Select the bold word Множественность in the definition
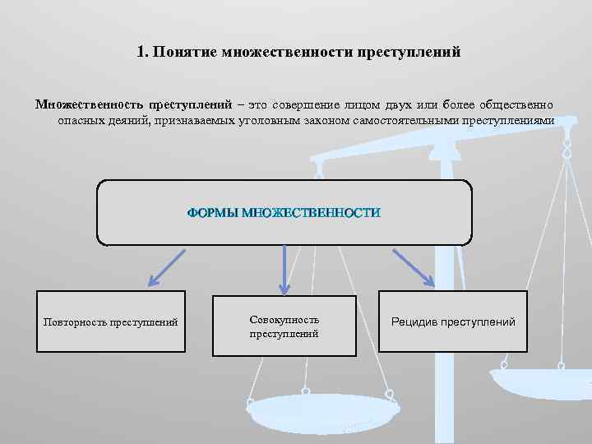88,105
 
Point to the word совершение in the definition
302,105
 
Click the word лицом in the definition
361,105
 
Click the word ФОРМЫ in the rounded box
212,213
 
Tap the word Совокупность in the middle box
284,319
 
